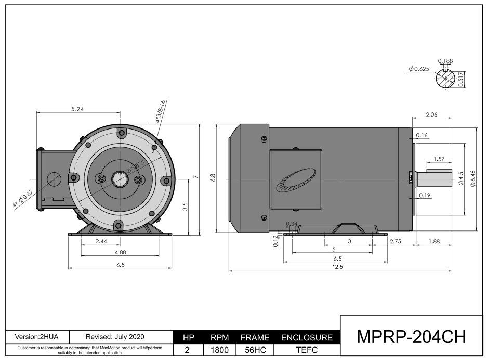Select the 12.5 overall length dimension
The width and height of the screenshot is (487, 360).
click(338, 267)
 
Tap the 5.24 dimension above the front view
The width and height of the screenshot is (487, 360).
click(77, 109)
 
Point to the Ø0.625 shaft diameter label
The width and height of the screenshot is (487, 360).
click(418, 69)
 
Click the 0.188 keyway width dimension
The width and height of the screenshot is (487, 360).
click(445, 61)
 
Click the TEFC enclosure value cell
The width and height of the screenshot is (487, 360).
click(306, 351)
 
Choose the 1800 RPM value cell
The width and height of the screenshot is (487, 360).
click(219, 351)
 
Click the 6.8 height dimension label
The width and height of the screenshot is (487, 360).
click(213, 177)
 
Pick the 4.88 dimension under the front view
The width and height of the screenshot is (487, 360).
click(120, 252)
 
